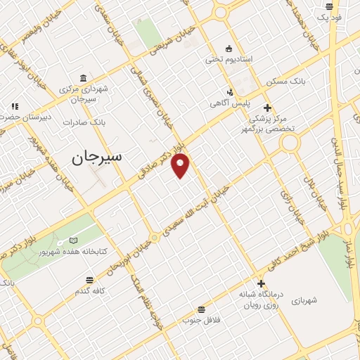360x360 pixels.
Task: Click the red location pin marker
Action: pyautogui.click(x=181, y=165)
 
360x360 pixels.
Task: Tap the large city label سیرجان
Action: pyautogui.click(x=96, y=157)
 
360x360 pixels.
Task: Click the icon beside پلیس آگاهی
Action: pyautogui.click(x=229, y=91)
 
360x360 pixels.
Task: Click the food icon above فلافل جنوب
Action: pyautogui.click(x=202, y=309)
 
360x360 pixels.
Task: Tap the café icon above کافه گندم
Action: pyautogui.click(x=90, y=278)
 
